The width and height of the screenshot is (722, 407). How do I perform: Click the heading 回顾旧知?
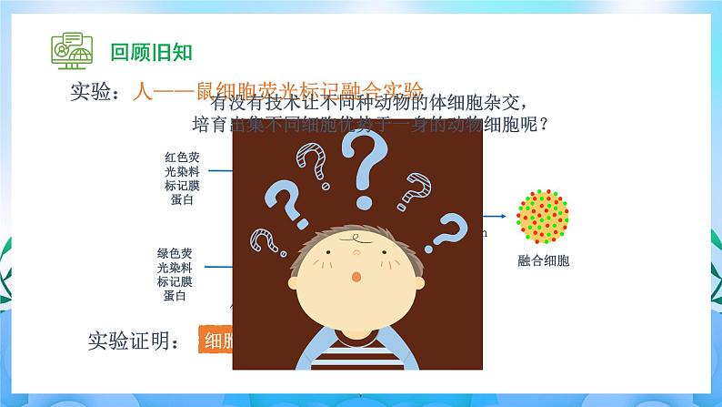(x=151, y=50)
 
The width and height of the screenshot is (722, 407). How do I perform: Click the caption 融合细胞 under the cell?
(x=543, y=261)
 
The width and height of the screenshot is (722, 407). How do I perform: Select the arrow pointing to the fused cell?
(x=495, y=216)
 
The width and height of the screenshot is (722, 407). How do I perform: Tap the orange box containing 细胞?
(x=216, y=341)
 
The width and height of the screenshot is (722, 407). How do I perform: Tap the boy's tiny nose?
(x=356, y=260)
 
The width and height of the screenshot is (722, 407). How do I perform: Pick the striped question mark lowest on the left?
(x=266, y=239)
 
